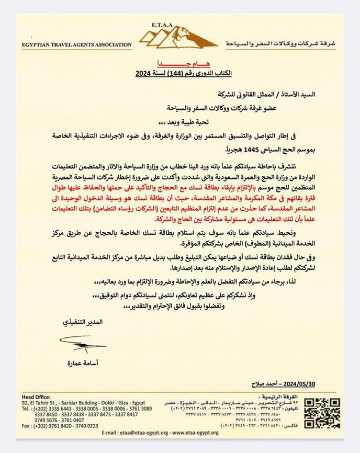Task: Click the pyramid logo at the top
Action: tap(179, 38)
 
